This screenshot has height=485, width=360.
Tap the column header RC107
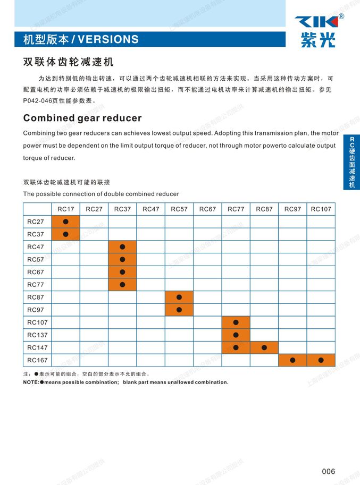coord(321,209)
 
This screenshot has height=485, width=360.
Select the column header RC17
coord(65,209)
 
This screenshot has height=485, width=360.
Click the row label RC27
coord(35,221)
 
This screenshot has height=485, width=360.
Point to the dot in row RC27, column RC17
coord(65,221)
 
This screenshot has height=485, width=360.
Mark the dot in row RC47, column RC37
coord(122,246)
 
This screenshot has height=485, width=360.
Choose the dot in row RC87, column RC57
coord(179,297)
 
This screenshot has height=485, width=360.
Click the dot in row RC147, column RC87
coord(264,347)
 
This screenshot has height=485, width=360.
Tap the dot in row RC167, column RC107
coord(321,360)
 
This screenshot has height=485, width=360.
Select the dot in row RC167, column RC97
coord(292,360)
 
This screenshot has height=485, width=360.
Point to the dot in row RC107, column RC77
coord(236,322)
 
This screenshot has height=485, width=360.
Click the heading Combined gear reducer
coord(82,117)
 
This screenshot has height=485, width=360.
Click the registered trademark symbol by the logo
coord(341,16)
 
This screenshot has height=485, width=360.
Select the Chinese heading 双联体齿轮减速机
coord(69,62)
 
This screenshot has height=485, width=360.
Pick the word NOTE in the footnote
coord(31,382)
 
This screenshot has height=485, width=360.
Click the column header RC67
coord(207,209)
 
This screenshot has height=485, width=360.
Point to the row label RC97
coord(35,310)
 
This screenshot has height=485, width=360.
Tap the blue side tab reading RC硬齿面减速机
coord(351,162)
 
